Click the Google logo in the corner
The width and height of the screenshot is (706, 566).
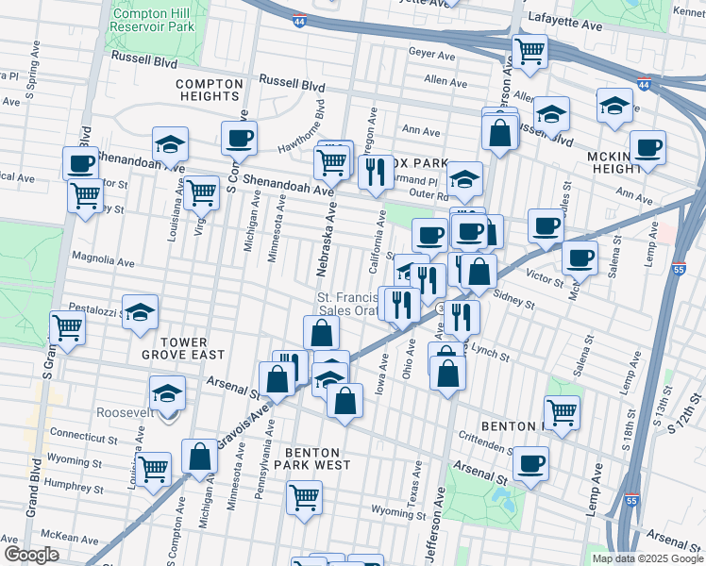pos(31,555)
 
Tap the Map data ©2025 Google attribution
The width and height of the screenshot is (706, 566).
pos(647,558)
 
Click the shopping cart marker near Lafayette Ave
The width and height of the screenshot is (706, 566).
pos(529,50)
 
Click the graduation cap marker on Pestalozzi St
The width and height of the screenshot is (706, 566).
pos(140,311)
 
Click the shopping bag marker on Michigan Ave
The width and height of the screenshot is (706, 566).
pos(200,457)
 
